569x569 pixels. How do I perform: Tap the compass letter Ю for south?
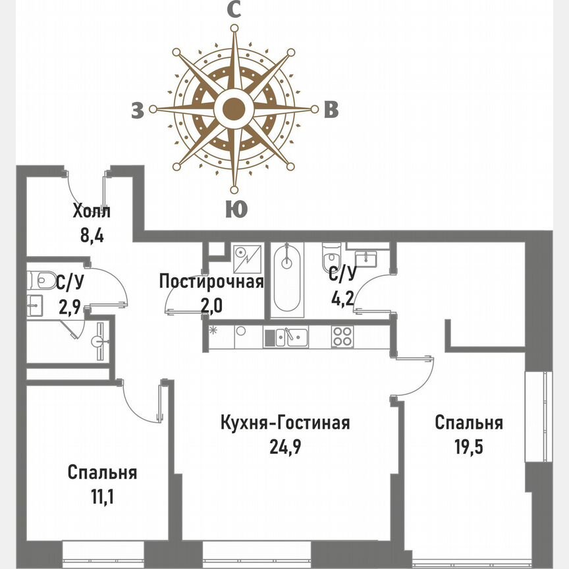[x=236, y=209]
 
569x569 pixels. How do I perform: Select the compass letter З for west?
[x=137, y=111]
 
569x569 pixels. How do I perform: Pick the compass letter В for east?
[x=331, y=111]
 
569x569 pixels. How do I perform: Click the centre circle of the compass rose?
[x=234, y=109]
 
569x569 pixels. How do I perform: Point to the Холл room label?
[x=92, y=212]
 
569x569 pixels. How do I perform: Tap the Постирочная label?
[x=211, y=283]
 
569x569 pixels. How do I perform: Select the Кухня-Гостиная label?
[x=284, y=423]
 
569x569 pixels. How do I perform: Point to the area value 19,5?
[x=468, y=447]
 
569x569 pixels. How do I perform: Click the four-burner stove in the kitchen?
[x=342, y=337]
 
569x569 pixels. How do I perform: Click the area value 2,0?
[x=211, y=306]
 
